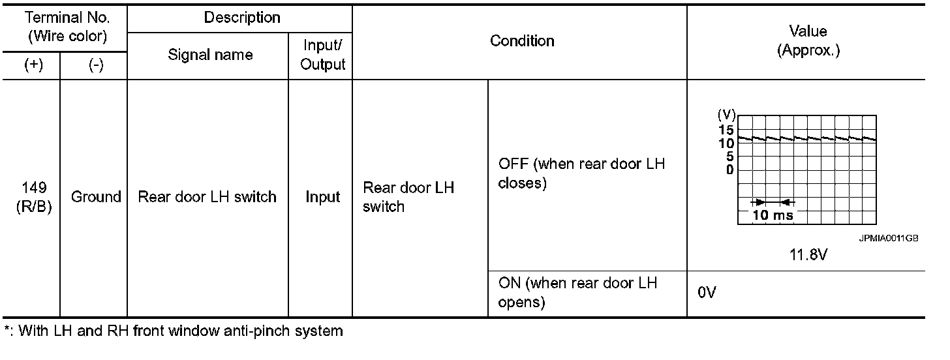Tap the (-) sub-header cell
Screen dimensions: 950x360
pyautogui.click(x=95, y=67)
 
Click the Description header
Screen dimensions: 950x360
pyautogui.click(x=242, y=18)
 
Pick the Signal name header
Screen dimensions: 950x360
pyautogui.click(x=210, y=55)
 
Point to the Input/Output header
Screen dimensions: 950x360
pyautogui.click(x=322, y=55)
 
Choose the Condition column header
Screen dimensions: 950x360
pyautogui.click(x=522, y=41)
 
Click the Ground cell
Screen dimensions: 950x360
pyautogui.click(x=96, y=196)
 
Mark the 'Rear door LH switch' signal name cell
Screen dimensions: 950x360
pyautogui.click(x=207, y=196)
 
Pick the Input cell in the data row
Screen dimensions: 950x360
pyautogui.click(x=322, y=196)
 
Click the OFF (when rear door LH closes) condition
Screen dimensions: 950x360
pyautogui.click(x=581, y=173)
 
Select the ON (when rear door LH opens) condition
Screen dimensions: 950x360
pyautogui.click(x=577, y=293)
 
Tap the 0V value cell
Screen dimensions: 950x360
pyautogui.click(x=707, y=293)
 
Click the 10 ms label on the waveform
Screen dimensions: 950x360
pyautogui.click(x=772, y=216)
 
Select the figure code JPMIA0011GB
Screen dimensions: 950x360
pyautogui.click(x=889, y=239)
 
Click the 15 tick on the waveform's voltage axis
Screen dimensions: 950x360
pyautogui.click(x=727, y=130)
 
